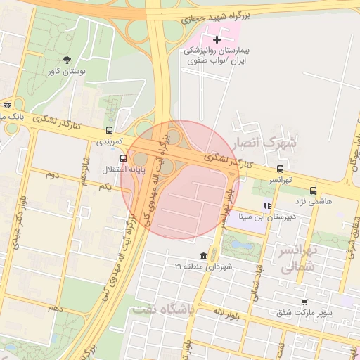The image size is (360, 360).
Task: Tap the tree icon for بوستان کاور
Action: tap(67, 60)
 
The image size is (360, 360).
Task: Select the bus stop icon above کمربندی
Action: tap(109, 130)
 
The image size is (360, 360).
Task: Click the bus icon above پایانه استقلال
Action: tap(124, 159)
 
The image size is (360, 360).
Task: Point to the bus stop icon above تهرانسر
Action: tap(281, 169)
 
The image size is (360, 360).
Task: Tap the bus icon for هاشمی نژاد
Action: tap(313, 190)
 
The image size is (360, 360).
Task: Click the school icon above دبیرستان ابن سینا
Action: tap(266, 205)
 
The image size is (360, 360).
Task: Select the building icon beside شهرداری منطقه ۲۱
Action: tap(203, 255)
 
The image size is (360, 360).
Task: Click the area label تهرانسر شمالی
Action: tap(299, 259)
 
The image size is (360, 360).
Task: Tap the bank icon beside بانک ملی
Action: tap(7, 105)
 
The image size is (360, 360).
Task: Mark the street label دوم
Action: tap(52, 174)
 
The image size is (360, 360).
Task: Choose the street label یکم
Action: tap(105, 187)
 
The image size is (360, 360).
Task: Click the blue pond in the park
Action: tap(240, 245)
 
